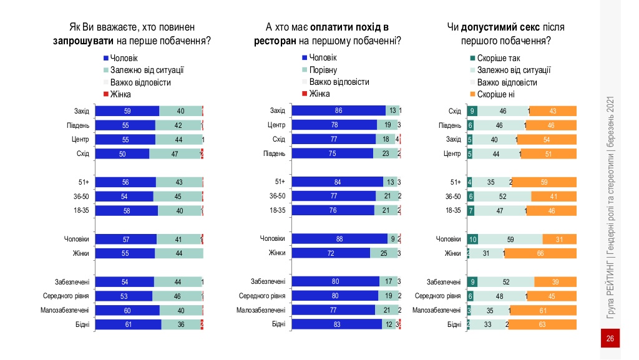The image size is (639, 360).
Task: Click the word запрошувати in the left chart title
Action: tap(83, 41)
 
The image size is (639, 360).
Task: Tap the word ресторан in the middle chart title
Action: tap(275, 41)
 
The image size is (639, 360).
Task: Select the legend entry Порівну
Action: tap(323, 70)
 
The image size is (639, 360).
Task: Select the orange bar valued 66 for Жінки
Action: tap(541, 253)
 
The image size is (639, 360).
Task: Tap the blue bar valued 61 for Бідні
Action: tap(128, 324)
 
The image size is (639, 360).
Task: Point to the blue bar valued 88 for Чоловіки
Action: tap(340, 239)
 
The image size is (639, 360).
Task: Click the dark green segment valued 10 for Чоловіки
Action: tap(473, 239)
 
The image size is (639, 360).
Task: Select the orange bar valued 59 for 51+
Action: tap(544, 182)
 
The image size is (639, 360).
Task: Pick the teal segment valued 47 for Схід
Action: tap(175, 153)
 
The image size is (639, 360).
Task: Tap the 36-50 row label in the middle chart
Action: tap(276, 196)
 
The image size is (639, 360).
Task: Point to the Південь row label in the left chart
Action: tap(79, 125)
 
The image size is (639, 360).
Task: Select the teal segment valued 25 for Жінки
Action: tap(383, 253)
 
